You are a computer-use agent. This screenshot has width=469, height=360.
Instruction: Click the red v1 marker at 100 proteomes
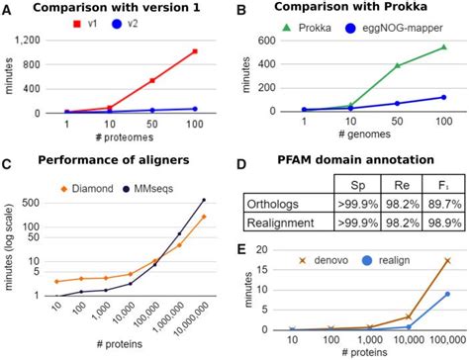pyautogui.click(x=195, y=51)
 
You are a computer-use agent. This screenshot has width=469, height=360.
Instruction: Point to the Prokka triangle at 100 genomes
pyautogui.click(x=442, y=47)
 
